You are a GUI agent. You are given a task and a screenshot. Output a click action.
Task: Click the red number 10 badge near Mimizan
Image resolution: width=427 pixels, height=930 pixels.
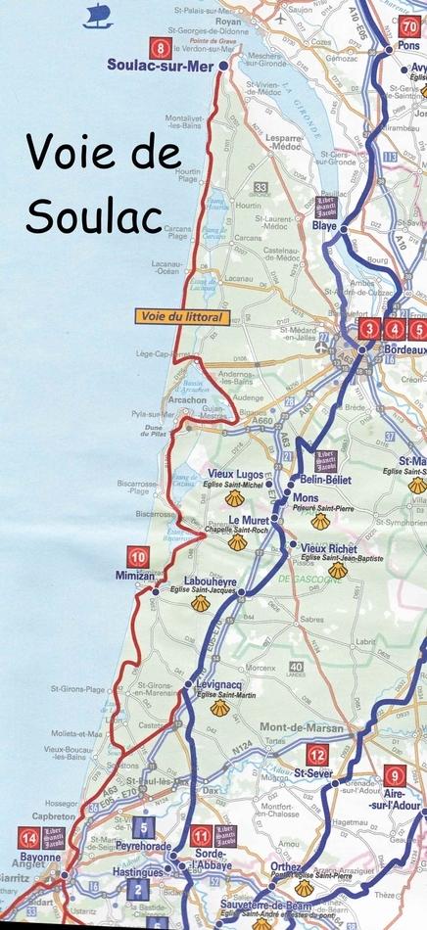point(141,558)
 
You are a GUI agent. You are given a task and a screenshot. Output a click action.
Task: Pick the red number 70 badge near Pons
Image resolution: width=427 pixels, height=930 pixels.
point(409,27)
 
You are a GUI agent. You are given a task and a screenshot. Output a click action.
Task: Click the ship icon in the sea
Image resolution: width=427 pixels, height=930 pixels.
point(99,15)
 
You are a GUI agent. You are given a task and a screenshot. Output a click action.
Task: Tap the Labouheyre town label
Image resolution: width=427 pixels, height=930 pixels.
point(217,581)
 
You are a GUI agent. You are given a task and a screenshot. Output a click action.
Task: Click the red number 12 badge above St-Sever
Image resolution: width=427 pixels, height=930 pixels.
point(316,754)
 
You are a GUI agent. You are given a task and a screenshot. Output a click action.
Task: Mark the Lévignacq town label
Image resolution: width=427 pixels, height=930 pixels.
point(219,683)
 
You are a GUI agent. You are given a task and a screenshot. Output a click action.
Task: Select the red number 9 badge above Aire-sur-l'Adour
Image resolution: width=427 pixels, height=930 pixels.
point(392,776)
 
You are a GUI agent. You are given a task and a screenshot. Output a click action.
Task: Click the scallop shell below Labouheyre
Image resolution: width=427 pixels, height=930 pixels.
point(201,604)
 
